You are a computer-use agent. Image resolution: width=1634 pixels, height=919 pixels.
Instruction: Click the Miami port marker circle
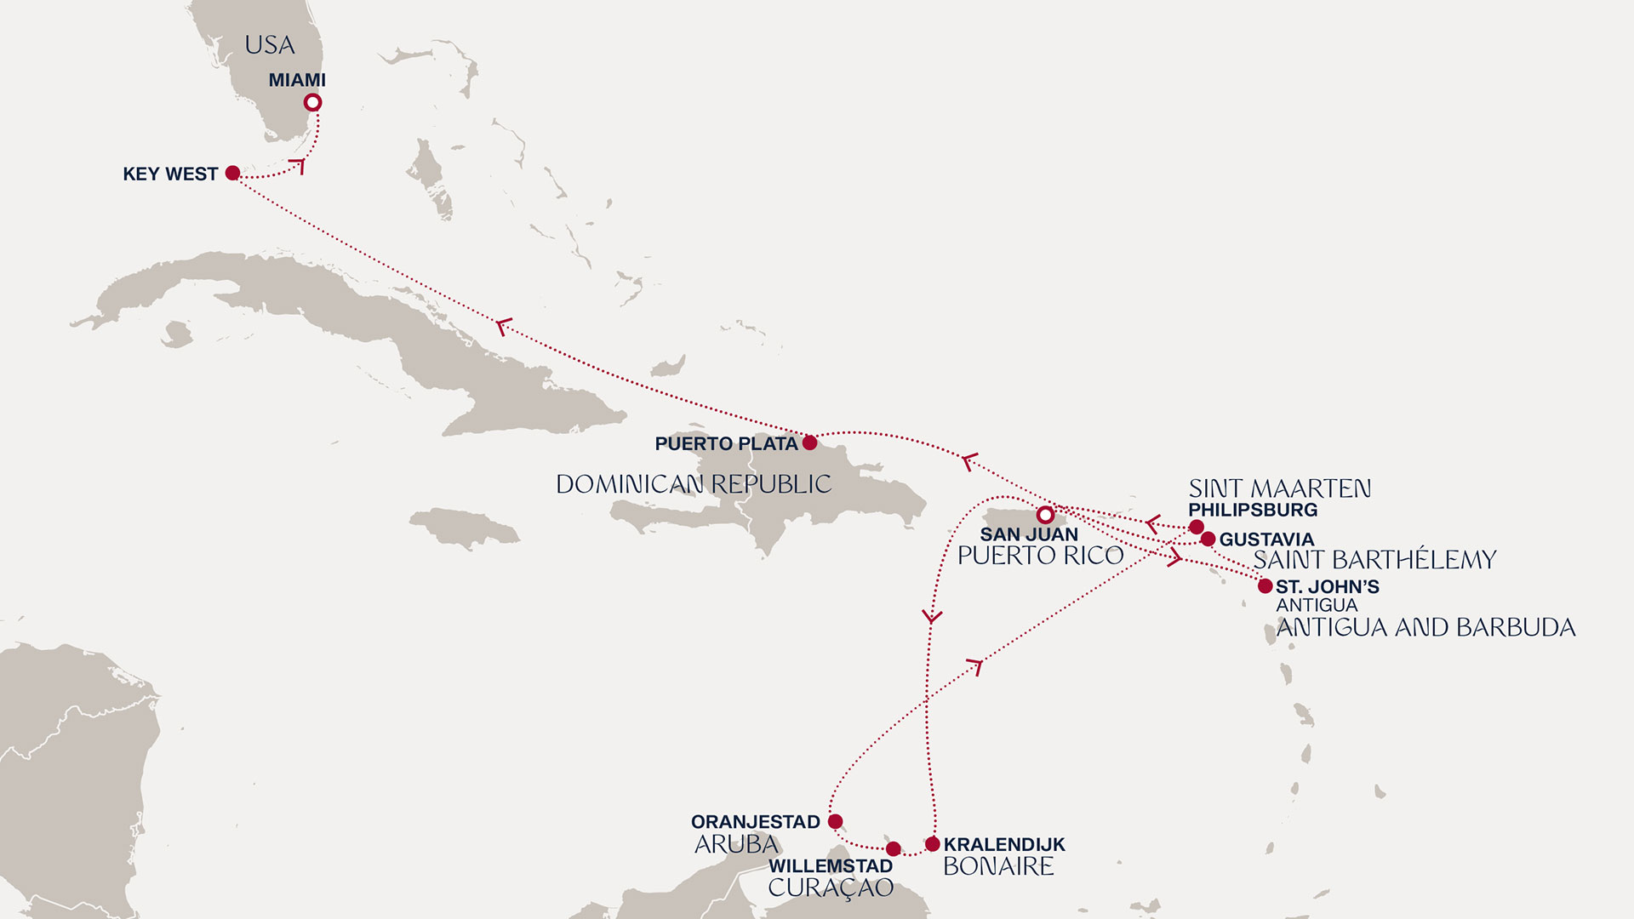pos(313,103)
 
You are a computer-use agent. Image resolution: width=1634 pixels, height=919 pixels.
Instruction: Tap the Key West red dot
pos(232,174)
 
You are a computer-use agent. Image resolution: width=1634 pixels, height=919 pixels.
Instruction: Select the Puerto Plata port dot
pos(810,442)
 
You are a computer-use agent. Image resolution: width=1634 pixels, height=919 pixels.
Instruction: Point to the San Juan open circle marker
pos(1045,515)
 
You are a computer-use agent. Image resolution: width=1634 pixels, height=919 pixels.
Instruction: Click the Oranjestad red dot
pos(836,821)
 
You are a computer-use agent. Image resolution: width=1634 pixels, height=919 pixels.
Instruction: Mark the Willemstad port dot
pos(893,848)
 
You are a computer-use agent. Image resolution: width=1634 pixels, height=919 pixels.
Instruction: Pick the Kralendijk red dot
pos(933,844)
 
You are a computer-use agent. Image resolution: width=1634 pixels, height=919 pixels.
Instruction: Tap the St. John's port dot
pos(1265,585)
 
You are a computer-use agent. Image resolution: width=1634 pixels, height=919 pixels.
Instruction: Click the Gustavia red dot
pos(1208,539)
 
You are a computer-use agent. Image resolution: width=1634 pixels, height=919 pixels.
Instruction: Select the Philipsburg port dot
pos(1197,527)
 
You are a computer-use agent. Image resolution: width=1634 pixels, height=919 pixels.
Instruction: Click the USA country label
pos(270,45)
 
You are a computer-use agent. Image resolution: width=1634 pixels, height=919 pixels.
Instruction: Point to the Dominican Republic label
pos(694,484)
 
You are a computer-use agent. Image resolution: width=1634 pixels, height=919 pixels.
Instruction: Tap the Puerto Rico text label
pos(1040,556)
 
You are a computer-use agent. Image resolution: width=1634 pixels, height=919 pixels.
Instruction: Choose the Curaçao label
pos(831,888)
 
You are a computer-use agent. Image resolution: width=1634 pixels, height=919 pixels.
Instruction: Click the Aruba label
pos(737,844)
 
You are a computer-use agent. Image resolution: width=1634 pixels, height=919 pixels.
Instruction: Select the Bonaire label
pos(998,866)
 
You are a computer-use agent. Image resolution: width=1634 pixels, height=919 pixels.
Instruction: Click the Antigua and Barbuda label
pos(1425,628)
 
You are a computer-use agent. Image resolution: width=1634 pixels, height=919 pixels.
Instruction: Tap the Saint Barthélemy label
pos(1374,560)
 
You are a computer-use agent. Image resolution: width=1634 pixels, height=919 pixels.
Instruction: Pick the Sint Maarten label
pos(1279,488)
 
